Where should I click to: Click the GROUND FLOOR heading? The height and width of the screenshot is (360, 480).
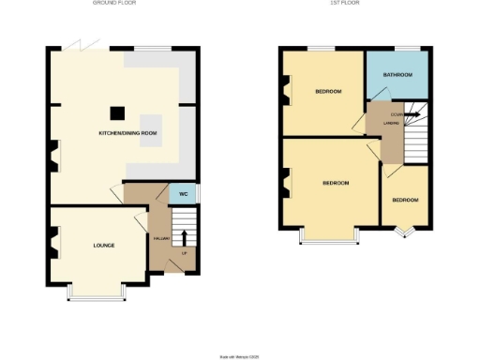115,4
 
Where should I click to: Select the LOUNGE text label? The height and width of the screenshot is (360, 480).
103,246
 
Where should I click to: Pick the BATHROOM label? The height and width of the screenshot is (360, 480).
397,74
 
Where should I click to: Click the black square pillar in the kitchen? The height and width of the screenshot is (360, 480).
116,113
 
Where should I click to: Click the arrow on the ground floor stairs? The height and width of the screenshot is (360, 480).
184,237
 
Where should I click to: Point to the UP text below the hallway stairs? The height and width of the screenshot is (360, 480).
184,254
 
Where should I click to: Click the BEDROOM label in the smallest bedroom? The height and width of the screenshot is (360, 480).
405,201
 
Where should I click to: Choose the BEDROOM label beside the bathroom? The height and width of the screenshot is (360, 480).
328,91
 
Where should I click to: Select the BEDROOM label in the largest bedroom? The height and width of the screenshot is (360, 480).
336,183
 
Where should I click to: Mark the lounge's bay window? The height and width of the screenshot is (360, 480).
98,296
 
